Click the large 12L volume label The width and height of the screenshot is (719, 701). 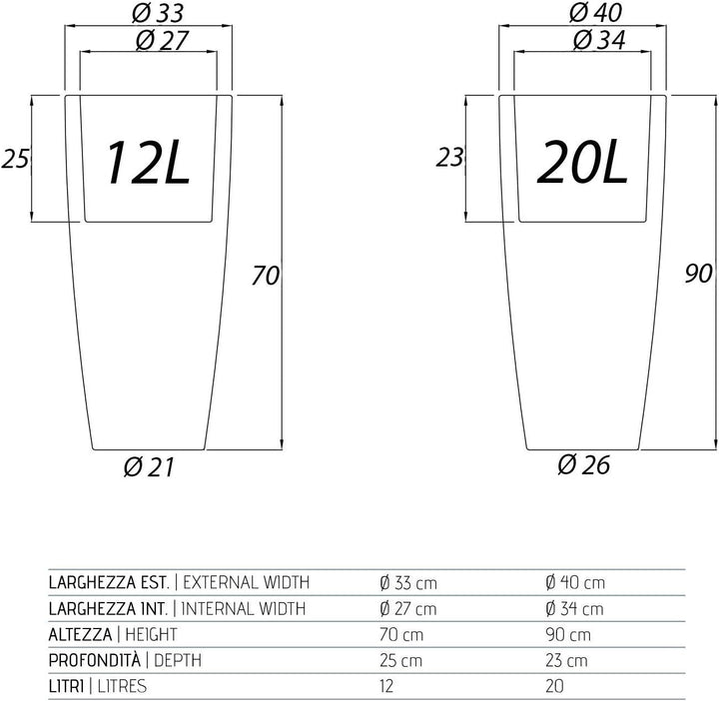coord(148,163)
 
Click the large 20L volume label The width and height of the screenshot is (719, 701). coord(582,162)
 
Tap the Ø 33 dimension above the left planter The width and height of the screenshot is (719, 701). coord(158,13)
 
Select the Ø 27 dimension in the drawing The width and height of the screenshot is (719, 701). coord(162,40)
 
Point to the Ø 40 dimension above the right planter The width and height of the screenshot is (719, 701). coord(595,12)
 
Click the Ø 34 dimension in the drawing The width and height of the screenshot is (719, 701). coord(599,40)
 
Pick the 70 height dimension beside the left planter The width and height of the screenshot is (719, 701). coord(265,276)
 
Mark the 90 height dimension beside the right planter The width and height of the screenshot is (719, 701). coord(698,274)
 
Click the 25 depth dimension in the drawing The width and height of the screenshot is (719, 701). coord(15,159)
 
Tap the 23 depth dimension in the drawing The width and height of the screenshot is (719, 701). coord(449,157)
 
